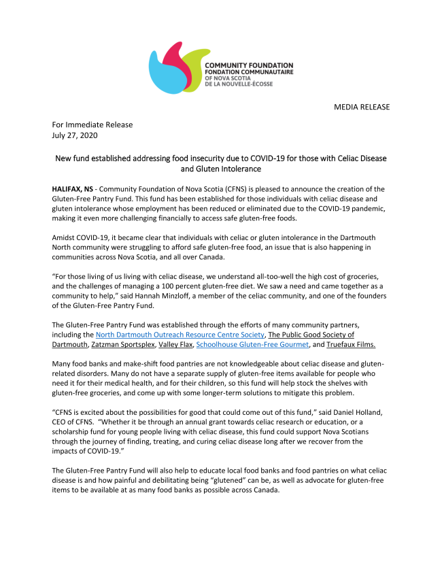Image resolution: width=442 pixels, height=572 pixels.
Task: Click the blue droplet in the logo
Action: (x=164, y=70)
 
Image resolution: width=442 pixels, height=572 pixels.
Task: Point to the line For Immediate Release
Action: (x=92, y=124)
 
